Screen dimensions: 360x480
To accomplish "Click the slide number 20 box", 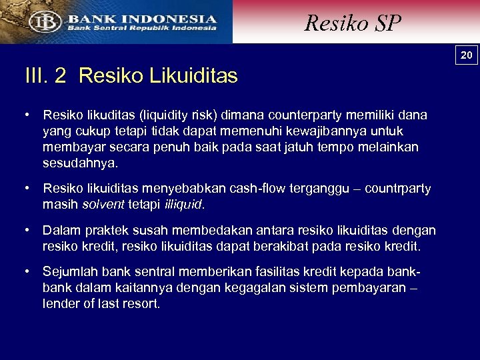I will (467, 55).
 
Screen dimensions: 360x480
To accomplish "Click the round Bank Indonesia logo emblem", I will (42, 22).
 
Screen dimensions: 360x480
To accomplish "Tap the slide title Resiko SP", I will (353, 23).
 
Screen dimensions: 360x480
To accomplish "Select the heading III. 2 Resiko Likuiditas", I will (131, 76).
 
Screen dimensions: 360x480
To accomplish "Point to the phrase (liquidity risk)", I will (183, 115).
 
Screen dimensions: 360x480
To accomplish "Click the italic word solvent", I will (99, 205).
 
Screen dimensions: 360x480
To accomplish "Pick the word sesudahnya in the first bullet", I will (80, 163).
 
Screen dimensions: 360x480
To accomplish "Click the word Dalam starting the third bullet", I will (61, 231).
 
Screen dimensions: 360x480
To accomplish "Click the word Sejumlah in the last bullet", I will (70, 272).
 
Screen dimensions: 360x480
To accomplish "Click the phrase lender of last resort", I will (101, 303).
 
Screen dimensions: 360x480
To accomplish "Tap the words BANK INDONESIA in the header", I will (141, 19).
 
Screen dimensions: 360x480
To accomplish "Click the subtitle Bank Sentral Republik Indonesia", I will (141, 28).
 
